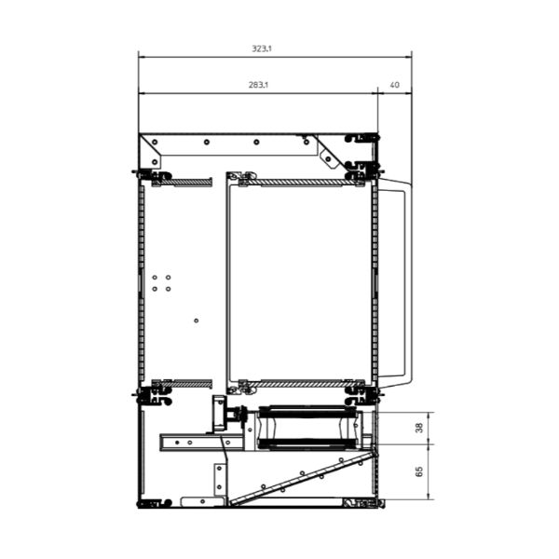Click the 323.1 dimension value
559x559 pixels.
tap(262, 48)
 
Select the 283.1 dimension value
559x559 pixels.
tap(258, 85)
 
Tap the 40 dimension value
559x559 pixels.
tap(395, 85)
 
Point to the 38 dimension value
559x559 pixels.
tap(419, 428)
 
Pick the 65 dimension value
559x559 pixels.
tap(419, 470)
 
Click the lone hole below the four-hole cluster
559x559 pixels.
tap(196, 320)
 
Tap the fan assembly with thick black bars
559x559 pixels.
tap(307, 428)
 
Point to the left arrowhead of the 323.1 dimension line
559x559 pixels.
tap(142, 57)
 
